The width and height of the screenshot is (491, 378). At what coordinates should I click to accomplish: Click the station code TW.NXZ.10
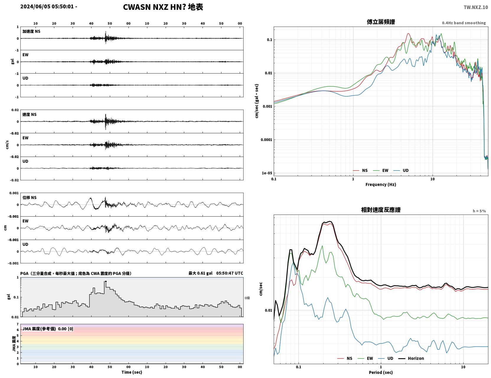tap(476, 7)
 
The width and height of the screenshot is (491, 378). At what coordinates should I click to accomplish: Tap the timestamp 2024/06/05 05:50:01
tap(47, 7)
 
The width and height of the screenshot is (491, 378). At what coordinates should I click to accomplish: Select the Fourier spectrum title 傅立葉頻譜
tap(381, 22)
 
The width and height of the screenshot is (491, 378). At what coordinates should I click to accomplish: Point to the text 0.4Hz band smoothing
tap(464, 23)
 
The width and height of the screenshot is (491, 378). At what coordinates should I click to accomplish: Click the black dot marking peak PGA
tap(106, 281)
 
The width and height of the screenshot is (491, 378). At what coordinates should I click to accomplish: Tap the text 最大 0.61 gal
tap(200, 273)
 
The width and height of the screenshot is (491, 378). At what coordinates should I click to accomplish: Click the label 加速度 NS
tap(31, 31)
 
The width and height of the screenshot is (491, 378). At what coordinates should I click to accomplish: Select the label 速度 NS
tap(29, 114)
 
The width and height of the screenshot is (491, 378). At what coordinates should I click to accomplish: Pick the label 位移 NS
tap(29, 197)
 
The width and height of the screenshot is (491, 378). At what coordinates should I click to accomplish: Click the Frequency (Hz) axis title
tap(381, 184)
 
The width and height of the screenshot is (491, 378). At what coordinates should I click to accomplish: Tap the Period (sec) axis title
tap(381, 372)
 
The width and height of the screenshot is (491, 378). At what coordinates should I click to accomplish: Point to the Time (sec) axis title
tap(132, 372)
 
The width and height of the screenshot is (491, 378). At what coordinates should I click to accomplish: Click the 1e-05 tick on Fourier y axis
tap(267, 173)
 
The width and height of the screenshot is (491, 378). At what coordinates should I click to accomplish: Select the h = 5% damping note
tap(479, 211)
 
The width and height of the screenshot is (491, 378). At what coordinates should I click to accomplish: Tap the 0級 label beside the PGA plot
tap(247, 298)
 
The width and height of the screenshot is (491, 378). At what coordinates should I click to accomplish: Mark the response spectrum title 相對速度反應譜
tap(381, 210)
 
